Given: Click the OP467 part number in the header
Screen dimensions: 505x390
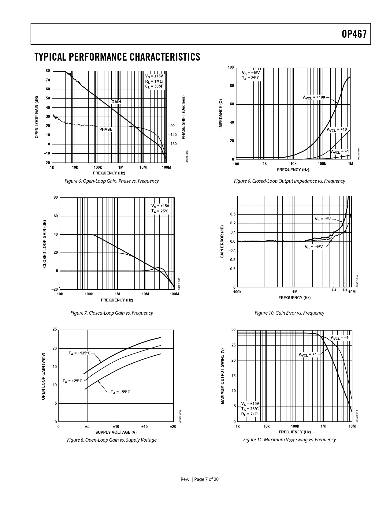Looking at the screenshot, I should [x=354, y=34].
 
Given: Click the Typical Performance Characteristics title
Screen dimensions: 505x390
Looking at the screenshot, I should [x=117, y=57].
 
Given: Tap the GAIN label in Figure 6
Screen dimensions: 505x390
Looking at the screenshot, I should [x=116, y=102].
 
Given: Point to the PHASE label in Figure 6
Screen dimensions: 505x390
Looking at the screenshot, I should [x=106, y=129].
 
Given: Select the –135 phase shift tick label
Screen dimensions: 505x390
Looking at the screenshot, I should [x=173, y=135].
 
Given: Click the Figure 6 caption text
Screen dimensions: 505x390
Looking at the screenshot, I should [x=112, y=181].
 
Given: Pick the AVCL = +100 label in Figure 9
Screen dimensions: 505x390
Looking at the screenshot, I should [x=314, y=97].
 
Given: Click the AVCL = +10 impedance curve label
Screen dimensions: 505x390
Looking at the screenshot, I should [x=337, y=129].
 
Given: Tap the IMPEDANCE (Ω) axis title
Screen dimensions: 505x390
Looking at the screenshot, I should [x=221, y=114].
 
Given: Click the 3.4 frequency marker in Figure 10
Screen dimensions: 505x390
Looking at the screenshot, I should [x=334, y=290].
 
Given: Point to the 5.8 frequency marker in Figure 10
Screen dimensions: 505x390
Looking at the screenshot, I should [x=345, y=290].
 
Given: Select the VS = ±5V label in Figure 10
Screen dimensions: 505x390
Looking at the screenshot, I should [x=323, y=219].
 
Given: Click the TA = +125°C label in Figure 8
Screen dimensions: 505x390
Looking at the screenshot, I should [x=80, y=353].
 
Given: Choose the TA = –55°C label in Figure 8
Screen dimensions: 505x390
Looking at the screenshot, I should [x=121, y=392].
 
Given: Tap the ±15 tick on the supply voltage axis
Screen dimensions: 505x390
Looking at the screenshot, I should [x=144, y=427].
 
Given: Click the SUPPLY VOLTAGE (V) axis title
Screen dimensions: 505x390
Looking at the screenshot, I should [x=116, y=432].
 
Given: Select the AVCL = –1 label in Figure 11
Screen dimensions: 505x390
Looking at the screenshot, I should [x=340, y=338].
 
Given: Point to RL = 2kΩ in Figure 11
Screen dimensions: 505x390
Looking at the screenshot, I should [x=249, y=414].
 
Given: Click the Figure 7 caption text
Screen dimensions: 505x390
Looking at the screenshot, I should [x=112, y=313].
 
